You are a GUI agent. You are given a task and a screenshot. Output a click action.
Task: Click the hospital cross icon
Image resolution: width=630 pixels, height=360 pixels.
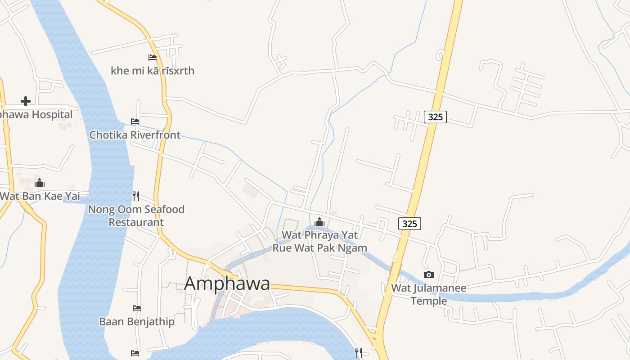click(26, 101)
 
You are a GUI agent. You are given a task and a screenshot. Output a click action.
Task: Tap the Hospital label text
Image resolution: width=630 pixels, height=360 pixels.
click(36, 114)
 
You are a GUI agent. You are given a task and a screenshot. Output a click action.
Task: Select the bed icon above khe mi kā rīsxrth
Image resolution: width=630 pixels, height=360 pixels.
click(153, 58)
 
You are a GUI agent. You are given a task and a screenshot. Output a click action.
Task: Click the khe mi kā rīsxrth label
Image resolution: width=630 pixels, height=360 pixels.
click(153, 71)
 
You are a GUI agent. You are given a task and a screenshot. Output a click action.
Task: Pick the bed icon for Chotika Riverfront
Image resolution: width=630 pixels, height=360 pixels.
click(135, 121)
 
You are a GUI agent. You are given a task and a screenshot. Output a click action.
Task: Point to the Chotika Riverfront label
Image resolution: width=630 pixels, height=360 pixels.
click(135, 135)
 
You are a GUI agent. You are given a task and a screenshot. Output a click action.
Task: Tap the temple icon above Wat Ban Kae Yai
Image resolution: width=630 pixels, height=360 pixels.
click(40, 183)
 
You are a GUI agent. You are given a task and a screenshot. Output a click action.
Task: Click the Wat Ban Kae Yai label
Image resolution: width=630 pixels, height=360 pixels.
click(40, 196)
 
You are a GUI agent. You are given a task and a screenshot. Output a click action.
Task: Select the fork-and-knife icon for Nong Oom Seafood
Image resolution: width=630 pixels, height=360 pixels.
click(136, 196)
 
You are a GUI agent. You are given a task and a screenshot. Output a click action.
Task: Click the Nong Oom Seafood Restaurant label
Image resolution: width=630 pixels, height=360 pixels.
click(136, 216)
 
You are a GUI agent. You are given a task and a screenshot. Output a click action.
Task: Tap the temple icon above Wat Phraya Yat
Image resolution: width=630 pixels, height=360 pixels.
click(319, 222)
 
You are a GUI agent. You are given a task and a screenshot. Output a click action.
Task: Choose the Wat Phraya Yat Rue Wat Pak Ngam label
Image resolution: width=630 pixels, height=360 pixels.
click(319, 241)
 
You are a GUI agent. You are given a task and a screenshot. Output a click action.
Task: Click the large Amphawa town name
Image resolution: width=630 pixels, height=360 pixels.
click(227, 283)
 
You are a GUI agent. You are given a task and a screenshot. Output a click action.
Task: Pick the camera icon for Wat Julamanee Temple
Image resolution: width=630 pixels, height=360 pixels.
click(429, 274)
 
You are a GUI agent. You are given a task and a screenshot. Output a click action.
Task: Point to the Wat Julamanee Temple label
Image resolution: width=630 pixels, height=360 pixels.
click(429, 294)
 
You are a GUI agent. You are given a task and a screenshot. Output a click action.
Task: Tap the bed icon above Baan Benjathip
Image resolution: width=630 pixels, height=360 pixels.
click(137, 308)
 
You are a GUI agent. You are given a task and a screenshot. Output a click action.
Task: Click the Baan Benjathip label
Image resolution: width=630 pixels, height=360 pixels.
click(137, 322)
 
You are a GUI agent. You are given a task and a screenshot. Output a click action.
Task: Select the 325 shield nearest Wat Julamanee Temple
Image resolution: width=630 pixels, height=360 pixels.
click(409, 224)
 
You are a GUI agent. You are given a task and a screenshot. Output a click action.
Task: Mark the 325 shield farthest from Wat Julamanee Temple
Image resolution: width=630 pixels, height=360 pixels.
click(435, 117)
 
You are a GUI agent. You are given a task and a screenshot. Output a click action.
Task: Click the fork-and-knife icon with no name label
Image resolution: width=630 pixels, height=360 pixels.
click(359, 352)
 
